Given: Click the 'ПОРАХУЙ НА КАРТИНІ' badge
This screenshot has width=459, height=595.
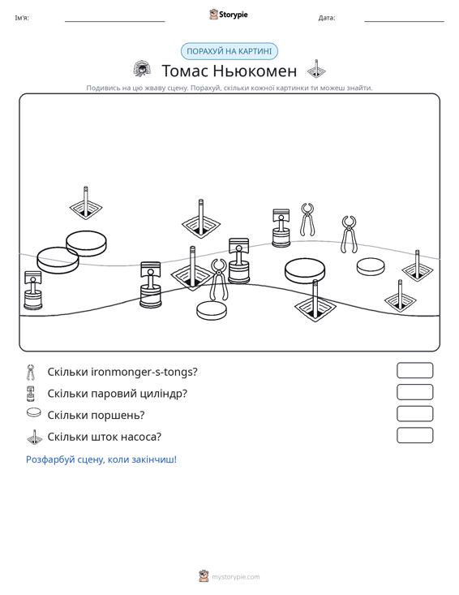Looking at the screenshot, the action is pyautogui.click(x=229, y=51).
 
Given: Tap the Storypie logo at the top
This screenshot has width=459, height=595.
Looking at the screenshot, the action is pyautogui.click(x=229, y=15).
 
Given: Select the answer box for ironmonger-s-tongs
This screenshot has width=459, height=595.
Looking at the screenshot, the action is pyautogui.click(x=414, y=370).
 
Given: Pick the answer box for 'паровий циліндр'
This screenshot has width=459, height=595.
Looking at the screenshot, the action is pyautogui.click(x=414, y=392).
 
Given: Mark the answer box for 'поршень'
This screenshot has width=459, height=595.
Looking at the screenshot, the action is pyautogui.click(x=414, y=414).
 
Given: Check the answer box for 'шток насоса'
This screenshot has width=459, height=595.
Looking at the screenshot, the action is pyautogui.click(x=414, y=435).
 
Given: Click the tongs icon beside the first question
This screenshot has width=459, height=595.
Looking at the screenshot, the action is pyautogui.click(x=30, y=373).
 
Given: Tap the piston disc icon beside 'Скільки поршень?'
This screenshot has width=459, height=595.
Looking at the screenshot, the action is pyautogui.click(x=34, y=412).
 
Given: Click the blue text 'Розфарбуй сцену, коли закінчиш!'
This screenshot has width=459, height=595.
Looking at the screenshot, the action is pyautogui.click(x=101, y=459).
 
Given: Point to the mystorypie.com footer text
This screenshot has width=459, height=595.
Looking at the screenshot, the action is pyautogui.click(x=236, y=577).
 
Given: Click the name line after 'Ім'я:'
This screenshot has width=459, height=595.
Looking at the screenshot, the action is pyautogui.click(x=115, y=21).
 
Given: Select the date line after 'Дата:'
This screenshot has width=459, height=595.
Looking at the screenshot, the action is pyautogui.click(x=404, y=21).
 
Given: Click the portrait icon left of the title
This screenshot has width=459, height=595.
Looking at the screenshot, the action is pyautogui.click(x=142, y=68).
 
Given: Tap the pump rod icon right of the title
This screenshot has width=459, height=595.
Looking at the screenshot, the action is pyautogui.click(x=316, y=69).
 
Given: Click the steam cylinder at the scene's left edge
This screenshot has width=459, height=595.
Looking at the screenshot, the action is pyautogui.click(x=33, y=291).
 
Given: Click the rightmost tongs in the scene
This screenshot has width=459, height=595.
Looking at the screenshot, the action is pyautogui.click(x=349, y=235).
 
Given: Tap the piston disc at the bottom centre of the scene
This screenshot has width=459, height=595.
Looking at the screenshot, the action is pyautogui.click(x=212, y=310).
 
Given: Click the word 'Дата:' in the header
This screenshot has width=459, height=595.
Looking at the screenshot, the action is pyautogui.click(x=327, y=18).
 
